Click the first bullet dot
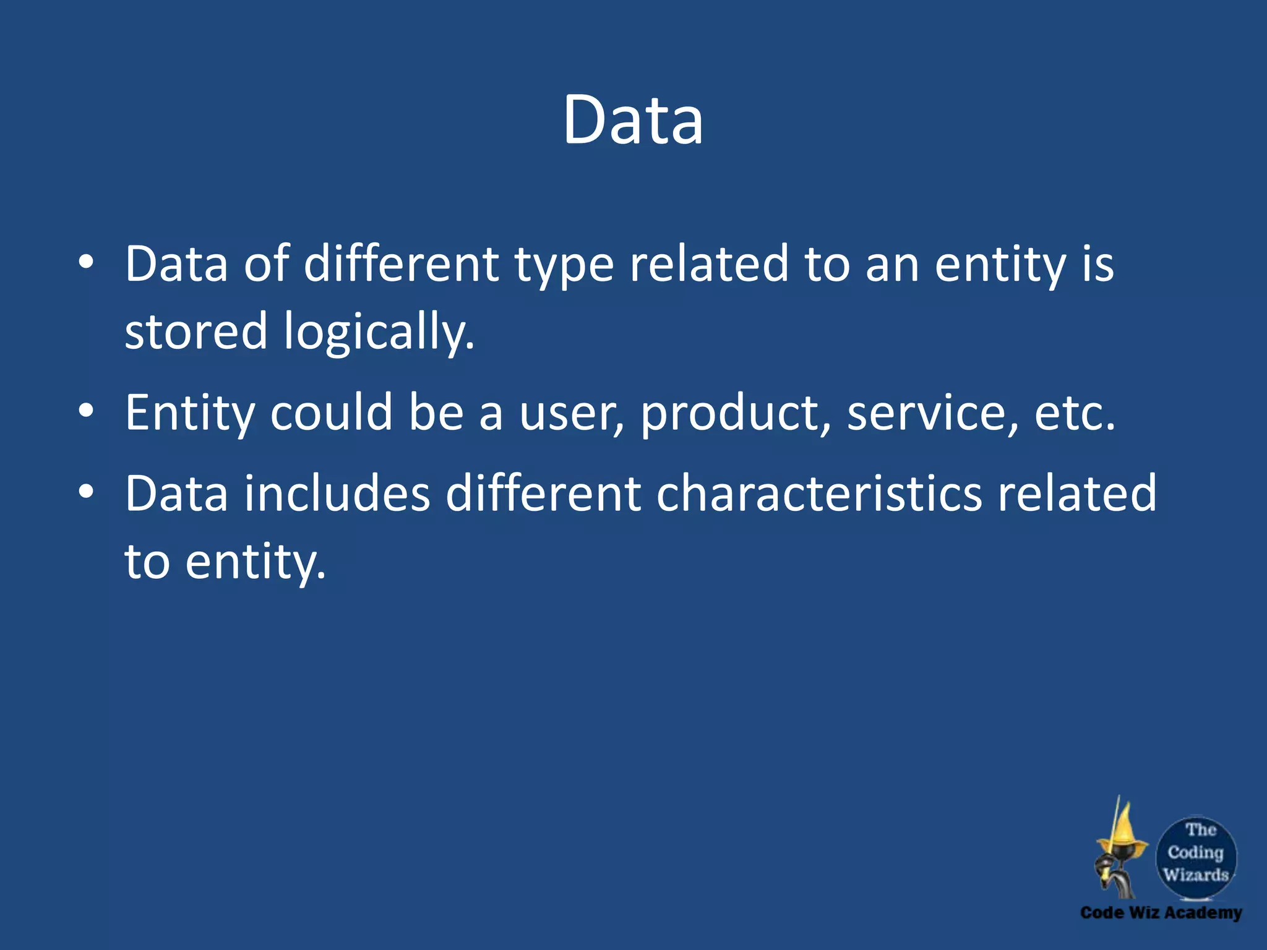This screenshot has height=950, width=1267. pyautogui.click(x=87, y=262)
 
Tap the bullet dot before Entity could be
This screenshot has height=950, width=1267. pyautogui.click(x=87, y=411)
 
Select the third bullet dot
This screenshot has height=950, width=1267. pyautogui.click(x=87, y=492)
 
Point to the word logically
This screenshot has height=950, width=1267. pyautogui.click(x=379, y=333)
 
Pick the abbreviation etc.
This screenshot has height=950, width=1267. pyautogui.click(x=1075, y=413)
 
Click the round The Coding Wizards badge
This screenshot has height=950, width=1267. pyautogui.click(x=1196, y=855)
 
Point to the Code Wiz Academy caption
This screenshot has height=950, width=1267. pyautogui.click(x=1161, y=913)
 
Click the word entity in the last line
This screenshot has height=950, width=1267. pyautogui.click(x=255, y=562)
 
